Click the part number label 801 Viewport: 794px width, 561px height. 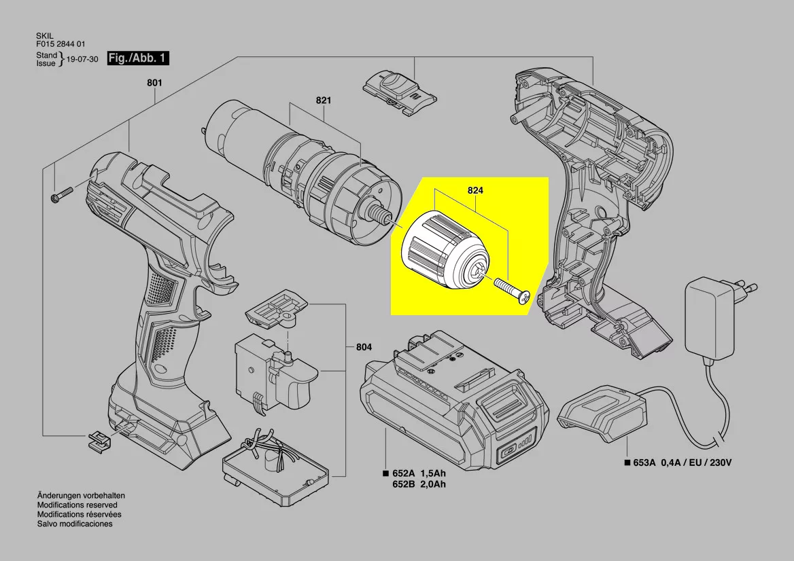click(154, 82)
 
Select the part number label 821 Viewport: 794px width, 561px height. click(324, 100)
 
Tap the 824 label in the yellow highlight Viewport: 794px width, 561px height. click(475, 190)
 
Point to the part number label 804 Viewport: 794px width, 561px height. click(364, 347)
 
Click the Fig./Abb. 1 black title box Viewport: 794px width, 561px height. click(138, 58)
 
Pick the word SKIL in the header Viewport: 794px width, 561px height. click(45, 37)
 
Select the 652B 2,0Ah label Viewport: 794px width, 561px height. click(419, 484)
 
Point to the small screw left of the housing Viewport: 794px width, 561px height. click(62, 195)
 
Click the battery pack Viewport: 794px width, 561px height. click(455, 399)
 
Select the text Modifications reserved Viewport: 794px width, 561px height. click(77, 505)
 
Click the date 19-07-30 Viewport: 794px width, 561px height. click(82, 59)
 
